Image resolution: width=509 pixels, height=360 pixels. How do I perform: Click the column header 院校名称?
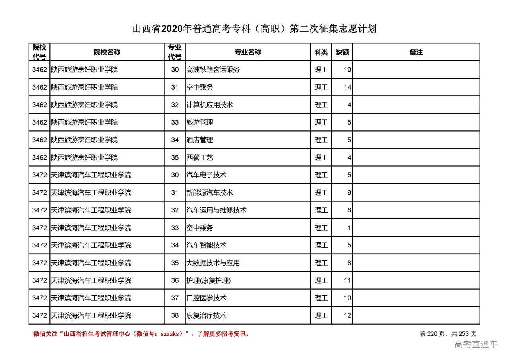(107, 52)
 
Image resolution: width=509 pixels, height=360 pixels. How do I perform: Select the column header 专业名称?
(247, 52)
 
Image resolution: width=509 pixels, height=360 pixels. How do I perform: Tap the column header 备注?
(416, 52)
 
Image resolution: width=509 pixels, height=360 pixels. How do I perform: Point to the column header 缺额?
(342, 52)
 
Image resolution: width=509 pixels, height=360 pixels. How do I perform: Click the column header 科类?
(321, 52)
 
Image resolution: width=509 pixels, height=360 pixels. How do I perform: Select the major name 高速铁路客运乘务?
(213, 70)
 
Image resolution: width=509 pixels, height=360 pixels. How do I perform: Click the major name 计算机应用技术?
(210, 105)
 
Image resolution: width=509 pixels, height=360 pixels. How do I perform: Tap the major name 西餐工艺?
(200, 158)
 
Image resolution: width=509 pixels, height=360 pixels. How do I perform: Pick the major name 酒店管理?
(200, 140)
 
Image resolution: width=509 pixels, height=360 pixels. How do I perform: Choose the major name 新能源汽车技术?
(210, 193)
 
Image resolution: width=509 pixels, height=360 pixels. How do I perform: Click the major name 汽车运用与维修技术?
(216, 210)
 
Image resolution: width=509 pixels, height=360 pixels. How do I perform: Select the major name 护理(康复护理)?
(208, 280)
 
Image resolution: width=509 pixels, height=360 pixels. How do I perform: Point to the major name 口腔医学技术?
(206, 298)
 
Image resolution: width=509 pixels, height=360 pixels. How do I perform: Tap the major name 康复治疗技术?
(206, 315)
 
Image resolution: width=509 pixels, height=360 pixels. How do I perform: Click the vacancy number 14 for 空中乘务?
(348, 87)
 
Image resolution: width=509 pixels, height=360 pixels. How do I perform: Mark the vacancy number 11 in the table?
(348, 280)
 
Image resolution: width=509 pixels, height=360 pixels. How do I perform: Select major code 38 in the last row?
(175, 315)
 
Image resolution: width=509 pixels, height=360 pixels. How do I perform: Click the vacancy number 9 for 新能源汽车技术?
(349, 193)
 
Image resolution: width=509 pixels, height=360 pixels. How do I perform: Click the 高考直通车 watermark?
(476, 344)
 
